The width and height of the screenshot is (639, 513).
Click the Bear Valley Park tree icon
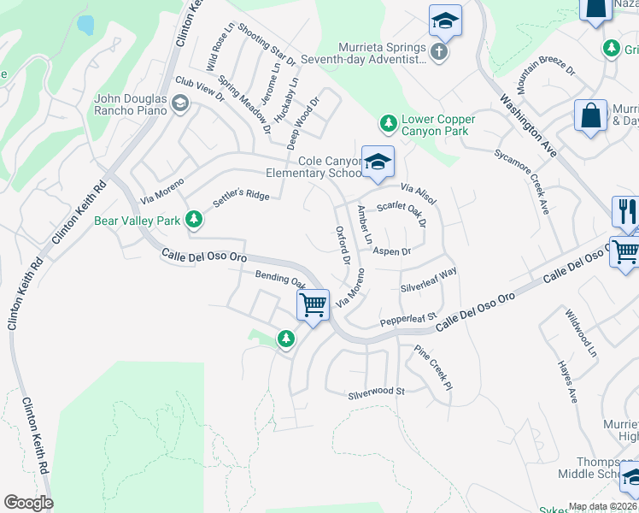tap(195, 221)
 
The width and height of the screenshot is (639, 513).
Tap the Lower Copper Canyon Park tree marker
tap(389, 125)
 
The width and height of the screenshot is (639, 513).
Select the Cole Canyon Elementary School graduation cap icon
tap(377, 160)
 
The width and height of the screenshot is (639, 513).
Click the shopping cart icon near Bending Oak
tap(314, 304)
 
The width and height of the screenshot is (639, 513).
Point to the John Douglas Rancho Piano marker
tap(179, 104)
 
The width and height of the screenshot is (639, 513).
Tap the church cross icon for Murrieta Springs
tap(438, 52)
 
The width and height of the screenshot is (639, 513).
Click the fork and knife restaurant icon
tap(626, 211)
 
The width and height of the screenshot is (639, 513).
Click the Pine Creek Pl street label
tap(432, 369)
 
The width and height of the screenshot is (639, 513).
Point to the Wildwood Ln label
tap(582, 333)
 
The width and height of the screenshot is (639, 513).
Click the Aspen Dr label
tap(394, 251)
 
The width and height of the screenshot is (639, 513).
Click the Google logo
tap(28, 503)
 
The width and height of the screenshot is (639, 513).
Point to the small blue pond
tap(85, 25)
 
